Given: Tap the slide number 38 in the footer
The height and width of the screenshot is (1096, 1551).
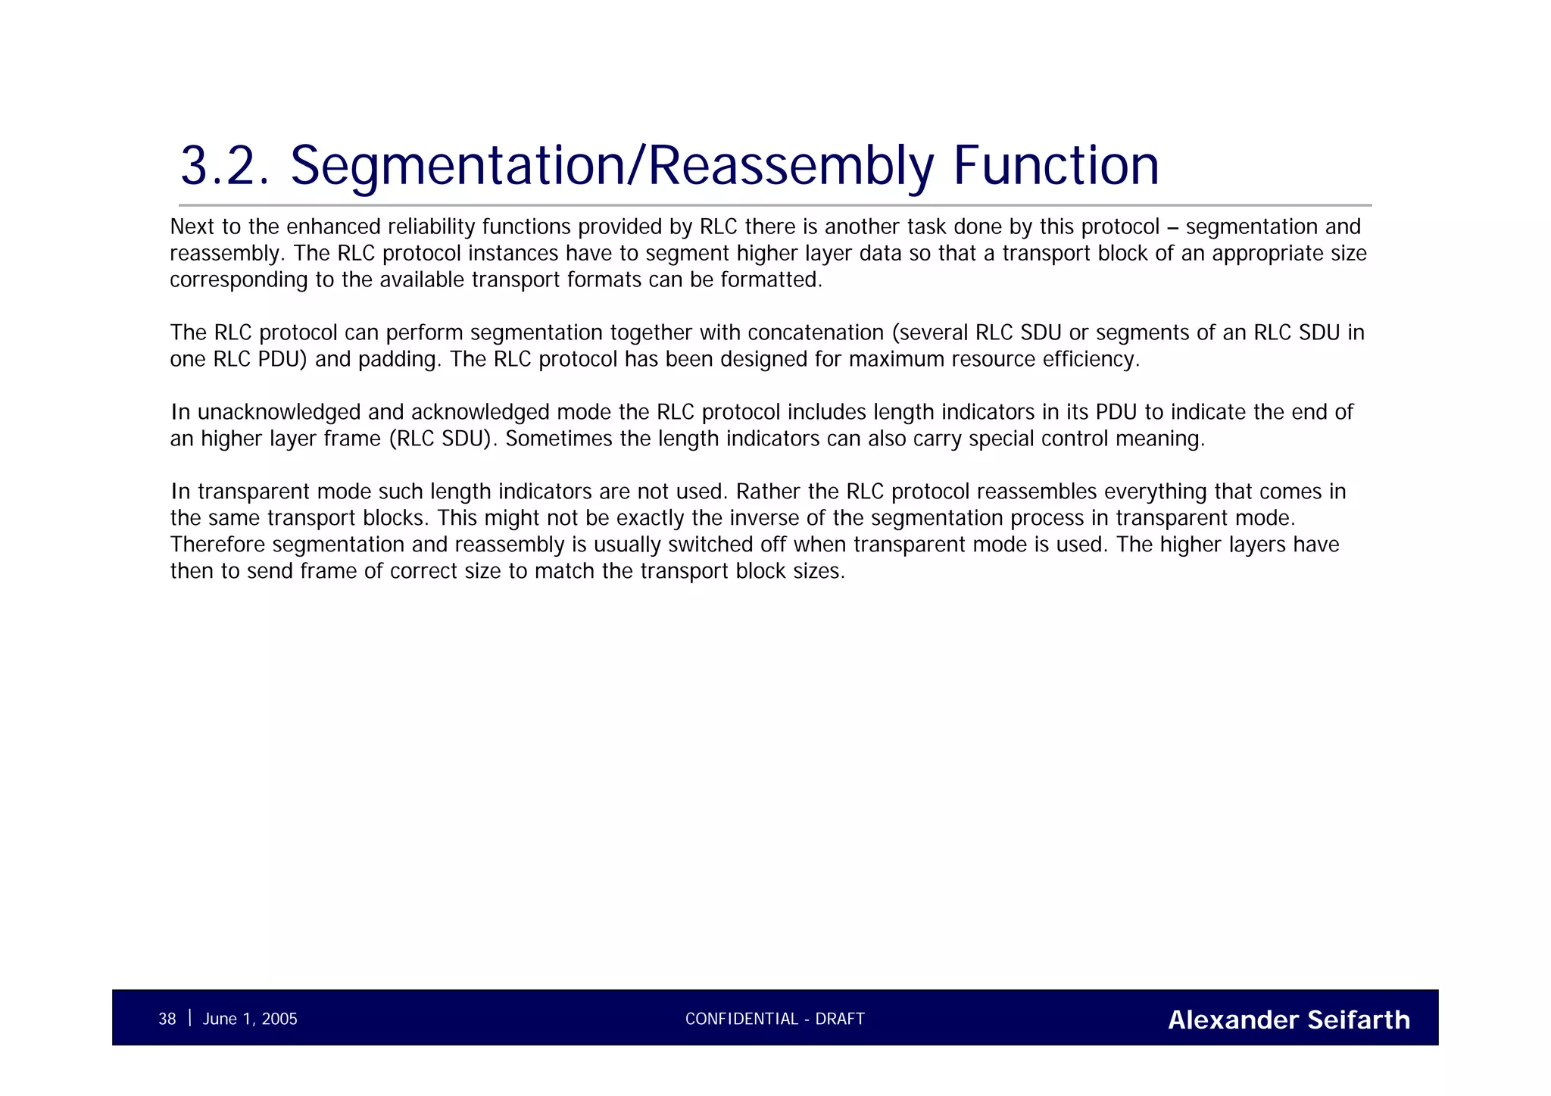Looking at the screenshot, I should (x=167, y=1019).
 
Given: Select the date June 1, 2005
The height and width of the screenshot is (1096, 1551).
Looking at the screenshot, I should (x=250, y=1019).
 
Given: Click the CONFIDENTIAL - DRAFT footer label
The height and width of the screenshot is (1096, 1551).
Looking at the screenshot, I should (x=775, y=1019).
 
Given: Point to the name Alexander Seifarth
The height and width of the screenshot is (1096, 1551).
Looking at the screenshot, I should (x=1289, y=1019).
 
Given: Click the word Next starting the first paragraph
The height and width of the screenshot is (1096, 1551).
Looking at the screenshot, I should (x=192, y=226).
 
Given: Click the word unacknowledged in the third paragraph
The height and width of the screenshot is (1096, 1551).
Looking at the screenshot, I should (x=279, y=412).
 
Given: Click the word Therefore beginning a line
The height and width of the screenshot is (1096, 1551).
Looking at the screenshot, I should (x=218, y=545).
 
